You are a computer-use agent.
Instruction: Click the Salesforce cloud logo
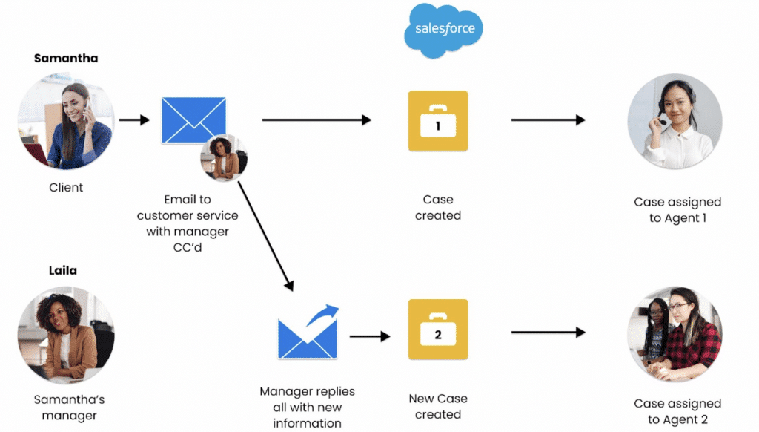point(443,30)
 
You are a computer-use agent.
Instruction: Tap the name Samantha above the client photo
point(66,59)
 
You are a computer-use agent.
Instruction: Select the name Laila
point(63,271)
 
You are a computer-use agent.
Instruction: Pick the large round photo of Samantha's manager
point(66,335)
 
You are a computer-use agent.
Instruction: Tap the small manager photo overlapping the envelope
point(224,157)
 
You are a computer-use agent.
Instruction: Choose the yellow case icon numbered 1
point(438,121)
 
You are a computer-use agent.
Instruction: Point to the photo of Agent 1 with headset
point(675,121)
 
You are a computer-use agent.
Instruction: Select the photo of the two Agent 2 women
point(675,334)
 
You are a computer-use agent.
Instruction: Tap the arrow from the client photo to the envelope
point(135,120)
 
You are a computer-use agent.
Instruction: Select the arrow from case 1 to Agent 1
point(548,120)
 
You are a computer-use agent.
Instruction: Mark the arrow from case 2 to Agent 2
point(548,333)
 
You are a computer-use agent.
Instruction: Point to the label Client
point(66,188)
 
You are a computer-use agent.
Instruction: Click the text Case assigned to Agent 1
point(677,210)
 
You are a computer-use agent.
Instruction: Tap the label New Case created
point(438,407)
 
